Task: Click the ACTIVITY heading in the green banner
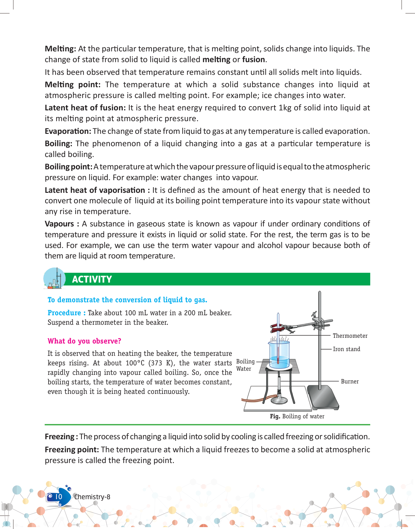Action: click(x=92, y=279)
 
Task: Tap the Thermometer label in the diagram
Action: click(x=350, y=336)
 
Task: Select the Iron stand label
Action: click(x=346, y=349)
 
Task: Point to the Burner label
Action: click(x=350, y=382)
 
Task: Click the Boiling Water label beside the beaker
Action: click(x=245, y=365)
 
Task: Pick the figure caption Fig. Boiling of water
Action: click(x=297, y=416)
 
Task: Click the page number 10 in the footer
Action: click(x=59, y=497)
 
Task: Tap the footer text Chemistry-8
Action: click(x=92, y=497)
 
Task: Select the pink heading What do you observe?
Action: click(x=84, y=341)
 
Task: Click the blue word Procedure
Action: click(x=64, y=313)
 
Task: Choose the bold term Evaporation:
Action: click(x=68, y=131)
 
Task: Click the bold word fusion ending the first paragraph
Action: click(x=254, y=60)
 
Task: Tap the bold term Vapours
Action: click(x=59, y=224)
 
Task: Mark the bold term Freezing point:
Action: click(x=72, y=450)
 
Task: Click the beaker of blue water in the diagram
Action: click(x=280, y=355)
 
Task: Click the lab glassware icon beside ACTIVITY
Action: click(x=54, y=279)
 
